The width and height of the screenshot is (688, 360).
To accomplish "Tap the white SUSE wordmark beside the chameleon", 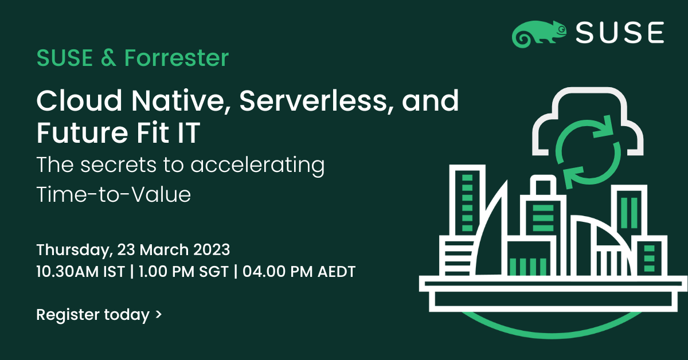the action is tap(620, 32).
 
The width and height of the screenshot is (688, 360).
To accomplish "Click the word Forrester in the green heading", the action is tap(177, 58).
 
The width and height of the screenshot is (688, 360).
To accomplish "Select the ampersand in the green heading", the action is tap(108, 58).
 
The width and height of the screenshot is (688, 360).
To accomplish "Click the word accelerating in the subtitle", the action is tap(257, 166).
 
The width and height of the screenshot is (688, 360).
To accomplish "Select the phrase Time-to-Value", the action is tap(114, 194).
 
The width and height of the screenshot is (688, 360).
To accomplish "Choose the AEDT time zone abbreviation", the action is tap(337, 272).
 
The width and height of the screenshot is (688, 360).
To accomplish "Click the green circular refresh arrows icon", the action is tap(588, 152).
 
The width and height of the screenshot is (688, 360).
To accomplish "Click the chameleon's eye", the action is tap(561, 30).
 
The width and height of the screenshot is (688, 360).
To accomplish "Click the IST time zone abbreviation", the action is tap(114, 272).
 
